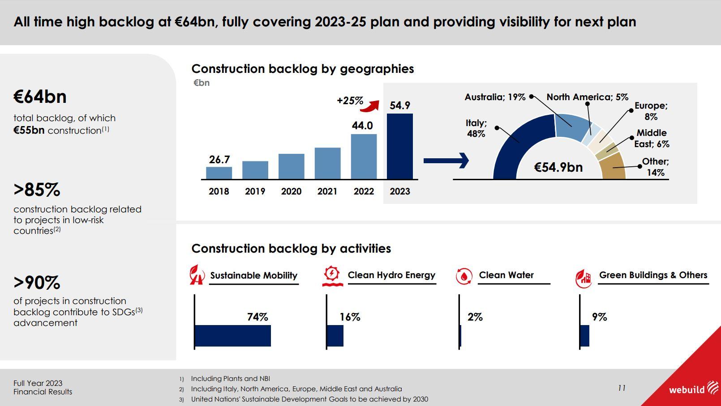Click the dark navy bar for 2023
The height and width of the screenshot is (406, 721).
(400, 146)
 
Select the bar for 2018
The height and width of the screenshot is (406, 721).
(219, 173)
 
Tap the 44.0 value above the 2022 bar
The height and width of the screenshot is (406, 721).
(362, 126)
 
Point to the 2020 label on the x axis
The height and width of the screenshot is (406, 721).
(291, 191)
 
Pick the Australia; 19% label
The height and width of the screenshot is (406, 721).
(495, 97)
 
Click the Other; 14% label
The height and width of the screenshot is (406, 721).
(655, 167)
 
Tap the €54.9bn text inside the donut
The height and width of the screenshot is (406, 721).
(558, 167)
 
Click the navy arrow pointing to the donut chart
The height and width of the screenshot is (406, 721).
(446, 160)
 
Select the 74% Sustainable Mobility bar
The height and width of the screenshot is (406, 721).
(233, 336)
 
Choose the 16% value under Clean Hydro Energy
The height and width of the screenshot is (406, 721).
(350, 317)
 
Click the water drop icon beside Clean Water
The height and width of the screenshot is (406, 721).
(464, 276)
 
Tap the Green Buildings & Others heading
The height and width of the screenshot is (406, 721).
(653, 275)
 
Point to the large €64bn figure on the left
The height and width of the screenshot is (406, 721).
(40, 97)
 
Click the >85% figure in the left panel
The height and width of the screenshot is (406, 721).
(37, 190)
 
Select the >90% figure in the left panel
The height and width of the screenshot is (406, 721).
(37, 283)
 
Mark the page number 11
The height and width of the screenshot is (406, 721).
(622, 388)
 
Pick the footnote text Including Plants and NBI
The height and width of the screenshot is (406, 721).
(230, 379)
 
